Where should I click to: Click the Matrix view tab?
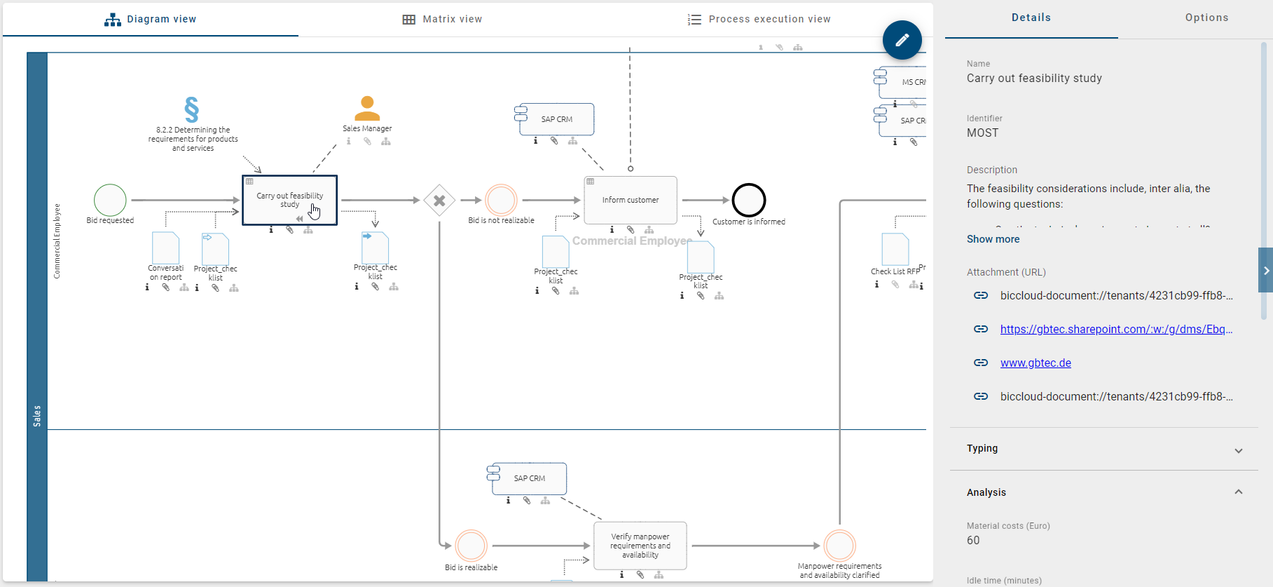tap(442, 19)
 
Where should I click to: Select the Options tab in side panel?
tap(1206, 18)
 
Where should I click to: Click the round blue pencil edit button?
tap(902, 40)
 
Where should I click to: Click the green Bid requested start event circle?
tap(110, 200)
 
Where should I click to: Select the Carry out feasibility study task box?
tap(289, 200)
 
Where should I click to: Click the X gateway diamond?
tap(439, 201)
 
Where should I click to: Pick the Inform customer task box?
tap(630, 200)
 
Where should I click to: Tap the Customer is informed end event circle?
tap(748, 200)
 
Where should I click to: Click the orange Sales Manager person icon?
tap(367, 109)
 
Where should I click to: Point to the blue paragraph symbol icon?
tap(192, 109)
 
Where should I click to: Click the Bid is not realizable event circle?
tap(501, 200)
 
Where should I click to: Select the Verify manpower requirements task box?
tap(640, 546)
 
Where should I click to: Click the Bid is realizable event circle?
tap(471, 546)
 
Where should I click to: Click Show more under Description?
tap(993, 239)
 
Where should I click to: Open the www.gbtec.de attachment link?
tap(1035, 363)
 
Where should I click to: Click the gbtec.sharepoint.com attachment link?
tap(1115, 329)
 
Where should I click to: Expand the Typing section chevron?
tap(1238, 450)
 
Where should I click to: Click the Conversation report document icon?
tap(165, 248)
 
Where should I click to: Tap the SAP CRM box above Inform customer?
tap(556, 119)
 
